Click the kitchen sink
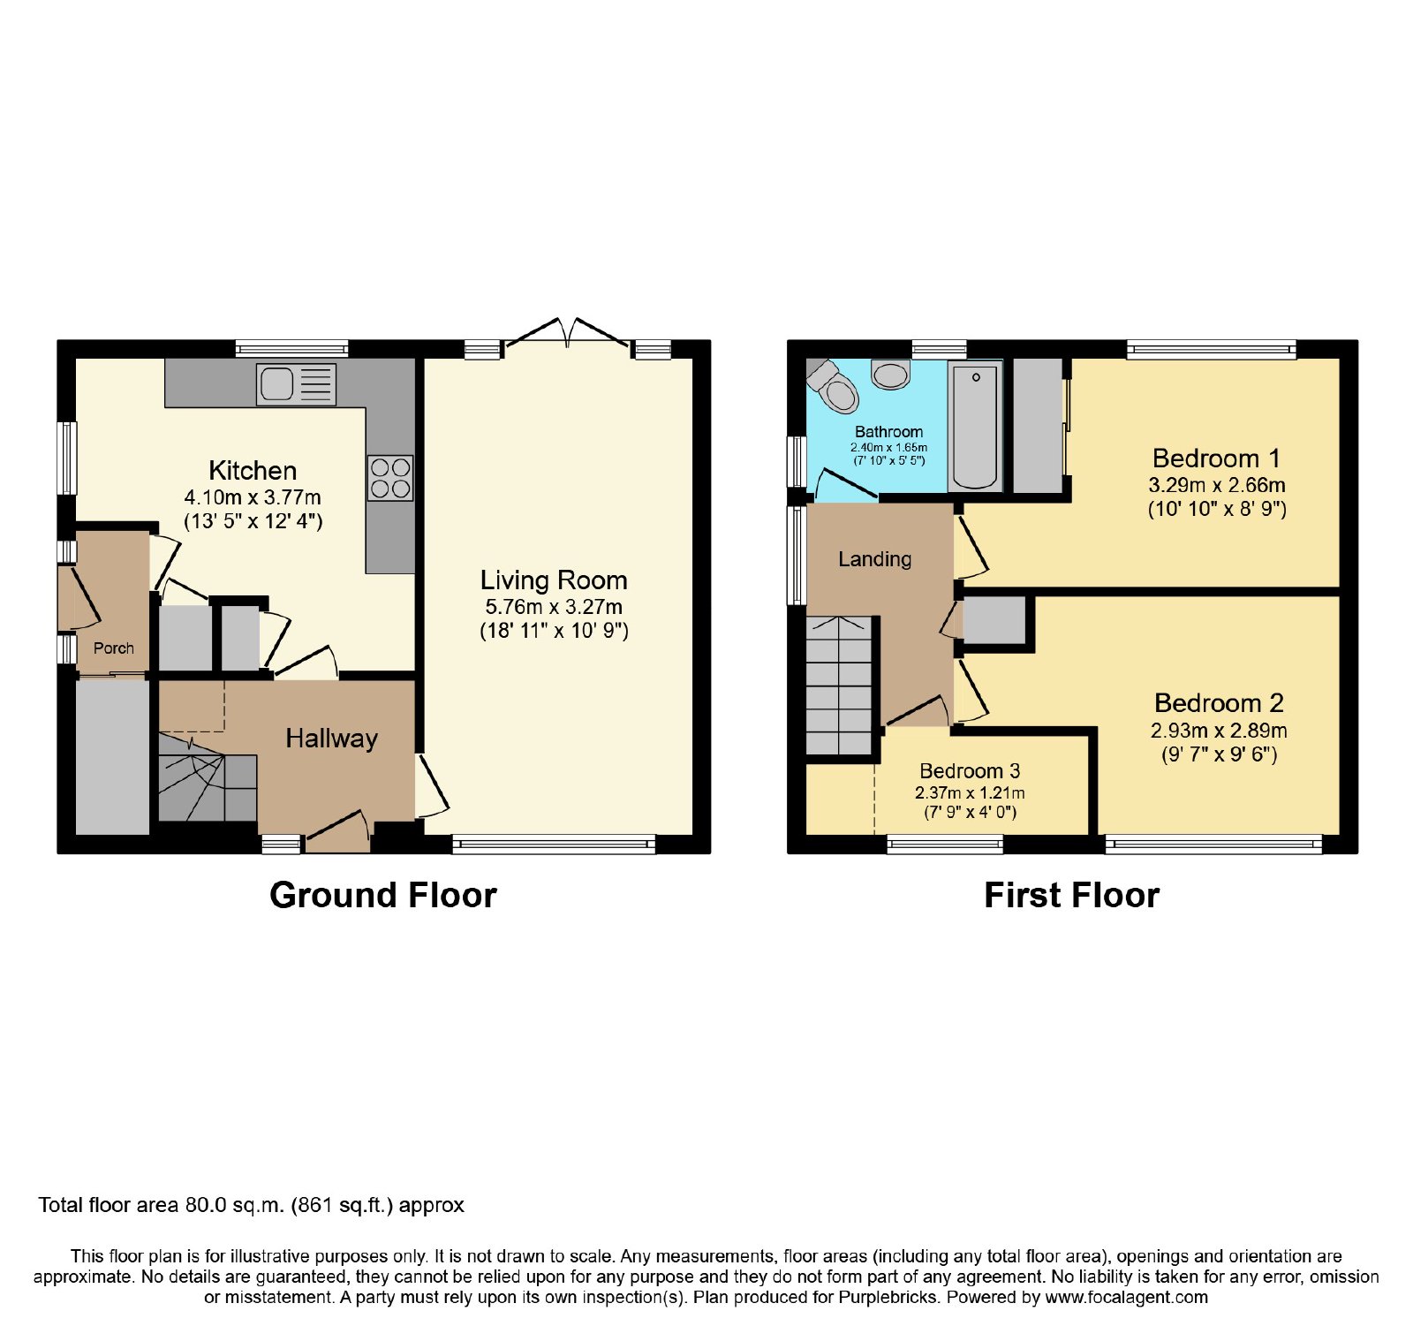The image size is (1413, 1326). tap(296, 384)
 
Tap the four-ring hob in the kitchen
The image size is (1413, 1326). tap(390, 477)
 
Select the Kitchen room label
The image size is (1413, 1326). tap(253, 470)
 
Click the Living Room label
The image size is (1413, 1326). tap(554, 580)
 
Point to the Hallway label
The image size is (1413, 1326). tap(331, 739)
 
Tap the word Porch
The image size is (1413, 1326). tap(114, 648)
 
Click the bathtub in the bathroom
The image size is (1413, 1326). tap(975, 426)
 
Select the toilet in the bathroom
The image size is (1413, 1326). tap(833, 386)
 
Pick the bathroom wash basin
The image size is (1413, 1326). tap(890, 375)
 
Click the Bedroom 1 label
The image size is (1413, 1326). tap(1216, 458)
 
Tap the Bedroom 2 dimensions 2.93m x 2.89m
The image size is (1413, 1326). tap(1219, 731)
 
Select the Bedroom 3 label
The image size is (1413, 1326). tap(970, 771)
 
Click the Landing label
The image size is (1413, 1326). tap(875, 559)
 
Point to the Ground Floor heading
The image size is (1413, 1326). tap(383, 895)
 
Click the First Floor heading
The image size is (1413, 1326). tap(1071, 895)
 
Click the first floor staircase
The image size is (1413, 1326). tap(839, 686)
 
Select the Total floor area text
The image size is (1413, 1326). tap(251, 1205)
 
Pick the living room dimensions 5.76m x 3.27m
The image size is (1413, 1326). tap(554, 607)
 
